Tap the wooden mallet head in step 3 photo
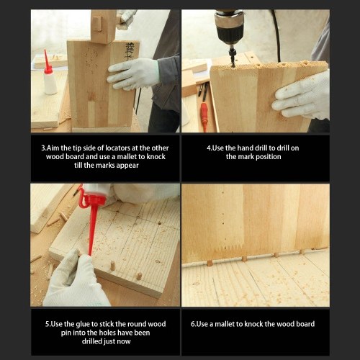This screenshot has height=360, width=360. (103, 27)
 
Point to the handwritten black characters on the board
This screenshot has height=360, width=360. (129, 52)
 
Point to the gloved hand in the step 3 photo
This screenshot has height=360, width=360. (133, 74)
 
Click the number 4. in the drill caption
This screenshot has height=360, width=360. (210, 148)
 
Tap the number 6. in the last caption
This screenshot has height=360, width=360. (194, 324)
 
